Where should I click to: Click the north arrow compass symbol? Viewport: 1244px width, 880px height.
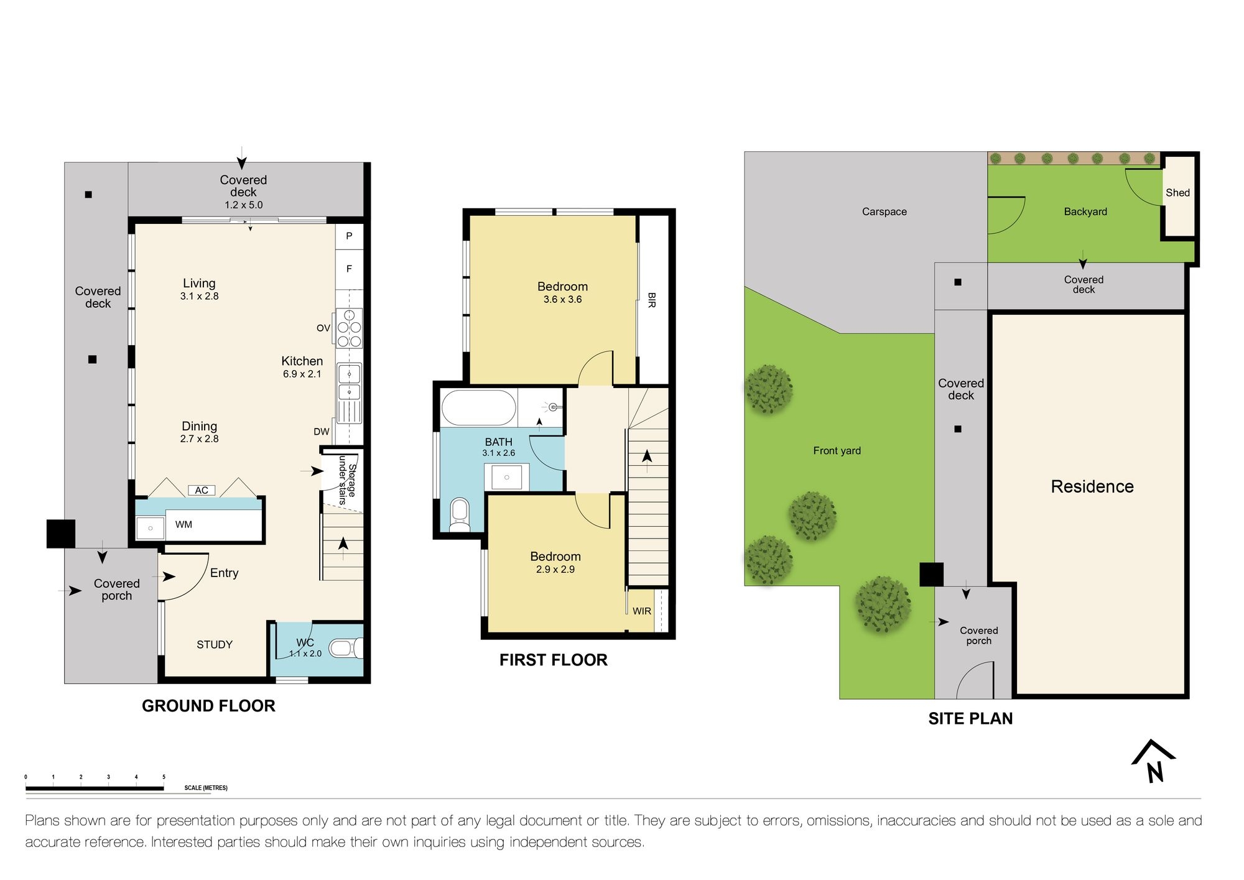[1154, 761]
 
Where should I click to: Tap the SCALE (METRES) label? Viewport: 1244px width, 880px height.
[206, 787]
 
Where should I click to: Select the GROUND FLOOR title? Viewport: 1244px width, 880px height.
[208, 706]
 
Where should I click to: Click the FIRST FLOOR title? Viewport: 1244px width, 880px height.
[553, 660]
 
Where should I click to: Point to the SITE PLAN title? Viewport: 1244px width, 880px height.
[970, 718]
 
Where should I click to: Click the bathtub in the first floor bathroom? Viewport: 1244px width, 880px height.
[478, 408]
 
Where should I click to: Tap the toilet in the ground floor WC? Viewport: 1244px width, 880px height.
[345, 649]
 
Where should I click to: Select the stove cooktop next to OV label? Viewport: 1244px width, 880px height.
[349, 328]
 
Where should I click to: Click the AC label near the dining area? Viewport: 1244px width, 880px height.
[202, 490]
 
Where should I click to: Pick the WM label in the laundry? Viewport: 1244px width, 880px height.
[183, 524]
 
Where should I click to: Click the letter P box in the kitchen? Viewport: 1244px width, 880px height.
[349, 236]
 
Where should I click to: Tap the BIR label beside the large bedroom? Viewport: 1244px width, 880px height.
[652, 300]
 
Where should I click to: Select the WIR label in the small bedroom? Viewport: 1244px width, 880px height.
[642, 611]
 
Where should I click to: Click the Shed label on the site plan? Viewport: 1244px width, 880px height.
[1177, 193]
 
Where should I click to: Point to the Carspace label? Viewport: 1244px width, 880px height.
[884, 211]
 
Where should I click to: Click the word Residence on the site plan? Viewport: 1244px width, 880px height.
[1092, 486]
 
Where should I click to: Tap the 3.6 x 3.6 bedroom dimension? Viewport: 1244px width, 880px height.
[562, 299]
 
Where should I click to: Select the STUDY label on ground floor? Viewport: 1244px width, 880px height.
[215, 644]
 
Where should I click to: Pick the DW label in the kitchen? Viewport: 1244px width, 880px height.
[322, 432]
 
